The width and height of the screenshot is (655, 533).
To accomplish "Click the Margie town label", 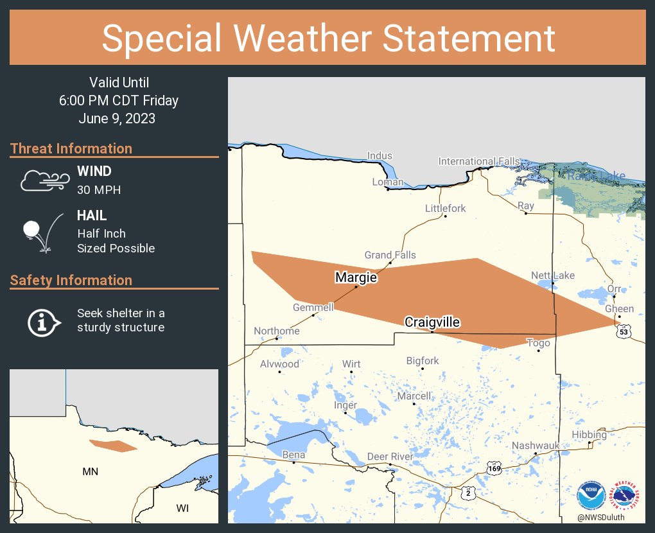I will coord(355,277).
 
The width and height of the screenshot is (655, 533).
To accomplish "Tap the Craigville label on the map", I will coord(432,322).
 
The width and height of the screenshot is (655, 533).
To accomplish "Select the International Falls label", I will coord(479,161).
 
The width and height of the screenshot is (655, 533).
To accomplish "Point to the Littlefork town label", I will coord(446,208).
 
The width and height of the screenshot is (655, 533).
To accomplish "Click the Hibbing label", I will coord(589,435).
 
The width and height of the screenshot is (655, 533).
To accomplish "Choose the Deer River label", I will coord(390,457).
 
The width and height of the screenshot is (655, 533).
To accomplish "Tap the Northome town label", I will coord(276,331).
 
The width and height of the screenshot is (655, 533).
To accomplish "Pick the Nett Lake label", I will coord(553,275).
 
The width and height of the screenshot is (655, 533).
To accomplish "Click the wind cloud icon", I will coord(44,180).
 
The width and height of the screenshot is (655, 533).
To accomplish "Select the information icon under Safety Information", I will coord(43,321).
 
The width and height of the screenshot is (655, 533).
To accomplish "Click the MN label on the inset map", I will coord(91,471).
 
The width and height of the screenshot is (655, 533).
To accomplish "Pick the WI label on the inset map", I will coord(183,508).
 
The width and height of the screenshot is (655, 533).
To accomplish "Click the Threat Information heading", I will coord(71,148).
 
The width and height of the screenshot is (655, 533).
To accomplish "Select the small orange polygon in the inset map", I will coord(113,445).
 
